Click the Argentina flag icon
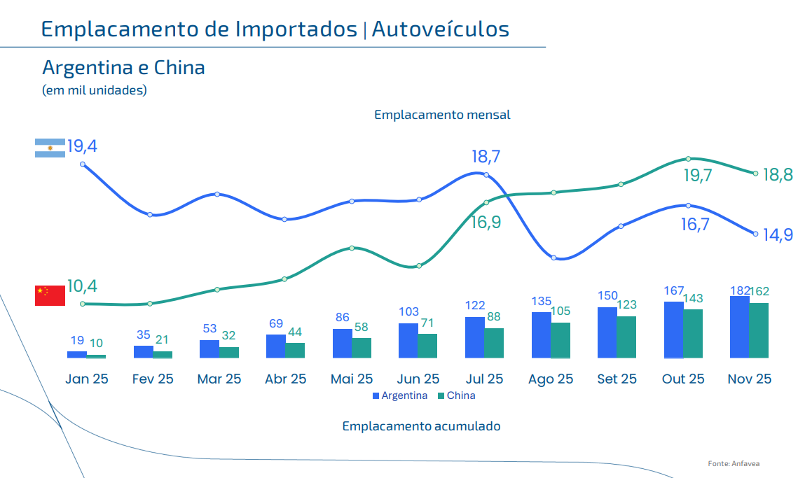[50, 148]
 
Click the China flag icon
[50, 295]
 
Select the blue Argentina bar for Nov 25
[739, 327]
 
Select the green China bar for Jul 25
[494, 343]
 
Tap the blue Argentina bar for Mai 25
[342, 343]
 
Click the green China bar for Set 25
[626, 337]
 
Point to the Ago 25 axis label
[550, 379]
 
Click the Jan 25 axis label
[86, 379]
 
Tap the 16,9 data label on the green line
[486, 223]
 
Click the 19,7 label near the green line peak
[697, 176]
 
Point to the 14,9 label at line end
[778, 235]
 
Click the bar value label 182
[739, 290]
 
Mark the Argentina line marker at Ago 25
[553, 258]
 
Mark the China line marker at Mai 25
[352, 248]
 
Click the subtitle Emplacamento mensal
[442, 115]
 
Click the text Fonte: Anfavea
[734, 463]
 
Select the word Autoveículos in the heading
[440, 29]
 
